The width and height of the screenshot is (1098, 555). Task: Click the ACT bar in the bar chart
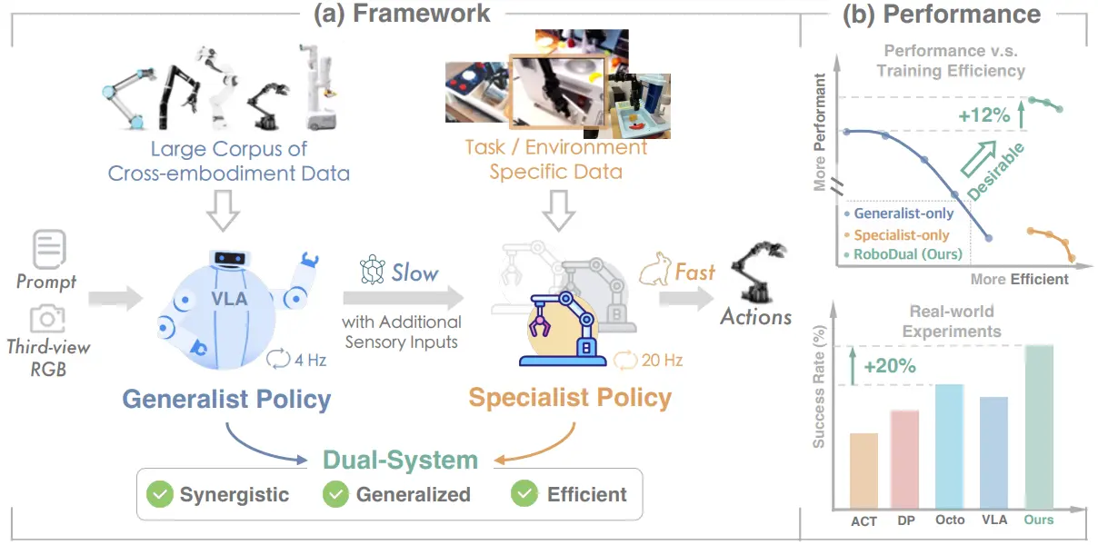point(863,471)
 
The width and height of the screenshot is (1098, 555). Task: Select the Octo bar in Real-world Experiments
point(950,447)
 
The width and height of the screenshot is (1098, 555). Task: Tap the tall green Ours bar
point(1039,427)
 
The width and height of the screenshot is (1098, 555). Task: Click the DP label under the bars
point(906,520)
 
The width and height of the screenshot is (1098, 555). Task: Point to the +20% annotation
point(890,366)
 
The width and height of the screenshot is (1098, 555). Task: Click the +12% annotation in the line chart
point(983,115)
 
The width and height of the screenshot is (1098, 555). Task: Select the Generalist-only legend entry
point(899,213)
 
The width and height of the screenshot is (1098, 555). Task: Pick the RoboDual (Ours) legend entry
point(903,254)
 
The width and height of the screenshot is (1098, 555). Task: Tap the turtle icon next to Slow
point(373,270)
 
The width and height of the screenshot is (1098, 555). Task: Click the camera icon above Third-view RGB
point(47,319)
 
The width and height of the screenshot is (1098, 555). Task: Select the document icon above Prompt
point(49,249)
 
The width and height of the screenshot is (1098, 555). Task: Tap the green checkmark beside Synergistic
point(160,494)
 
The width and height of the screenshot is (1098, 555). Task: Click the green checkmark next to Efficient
point(524,494)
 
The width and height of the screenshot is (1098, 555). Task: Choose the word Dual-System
point(400,460)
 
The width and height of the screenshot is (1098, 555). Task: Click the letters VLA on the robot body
point(229,299)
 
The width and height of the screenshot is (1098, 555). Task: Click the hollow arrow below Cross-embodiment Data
point(223,211)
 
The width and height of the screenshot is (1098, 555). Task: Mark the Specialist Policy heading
point(570,397)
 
